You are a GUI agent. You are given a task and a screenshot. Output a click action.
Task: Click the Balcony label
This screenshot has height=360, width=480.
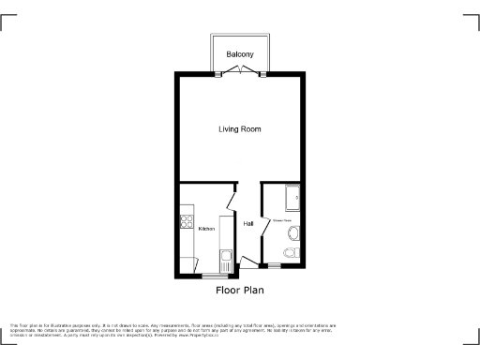pyautogui.click(x=240, y=54)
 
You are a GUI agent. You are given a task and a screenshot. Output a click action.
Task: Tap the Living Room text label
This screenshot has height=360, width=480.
pyautogui.click(x=240, y=128)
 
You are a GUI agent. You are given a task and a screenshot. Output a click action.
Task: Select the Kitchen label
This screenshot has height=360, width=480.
pyautogui.click(x=206, y=229)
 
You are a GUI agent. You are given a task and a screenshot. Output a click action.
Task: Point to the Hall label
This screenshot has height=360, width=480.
pyautogui.click(x=248, y=224)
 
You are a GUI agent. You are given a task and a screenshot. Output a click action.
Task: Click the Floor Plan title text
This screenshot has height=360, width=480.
pyautogui.click(x=240, y=291)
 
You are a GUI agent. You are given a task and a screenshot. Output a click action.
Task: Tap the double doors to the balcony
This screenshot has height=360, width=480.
pyautogui.click(x=241, y=71)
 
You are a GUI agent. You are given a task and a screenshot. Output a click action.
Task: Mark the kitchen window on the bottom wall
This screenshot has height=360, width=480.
pyautogui.click(x=215, y=276)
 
